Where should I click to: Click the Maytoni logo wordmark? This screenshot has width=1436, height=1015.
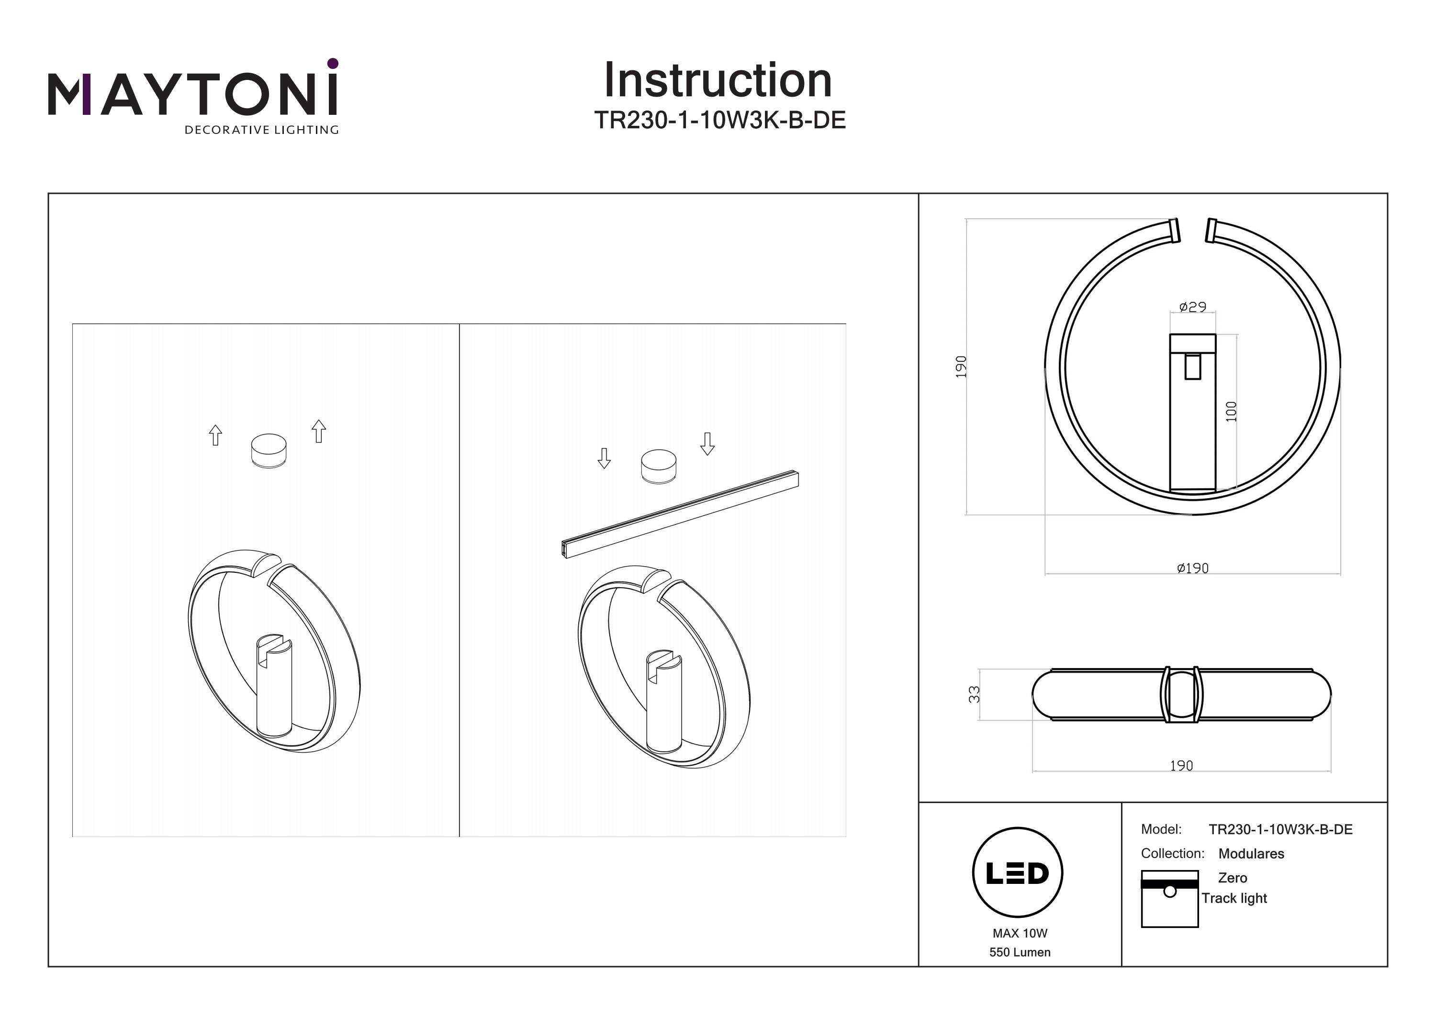[192, 95]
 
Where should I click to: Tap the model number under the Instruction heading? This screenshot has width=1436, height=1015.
[719, 120]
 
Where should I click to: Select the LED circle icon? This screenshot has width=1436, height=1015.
[1018, 873]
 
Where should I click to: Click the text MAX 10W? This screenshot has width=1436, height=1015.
[1020, 933]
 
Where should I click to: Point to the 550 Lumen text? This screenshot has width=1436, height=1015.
[1020, 952]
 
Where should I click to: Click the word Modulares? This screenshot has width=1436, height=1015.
[1251, 854]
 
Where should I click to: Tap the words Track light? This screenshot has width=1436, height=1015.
[1234, 898]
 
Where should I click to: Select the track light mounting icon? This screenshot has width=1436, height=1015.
[1169, 898]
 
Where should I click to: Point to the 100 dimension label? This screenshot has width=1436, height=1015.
[1231, 412]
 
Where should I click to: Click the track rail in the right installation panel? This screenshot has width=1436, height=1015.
[681, 513]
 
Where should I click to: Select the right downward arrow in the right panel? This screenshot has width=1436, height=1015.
[707, 444]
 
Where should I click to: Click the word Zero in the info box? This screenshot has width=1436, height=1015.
[1232, 878]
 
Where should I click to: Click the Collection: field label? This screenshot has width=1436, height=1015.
[1172, 854]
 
